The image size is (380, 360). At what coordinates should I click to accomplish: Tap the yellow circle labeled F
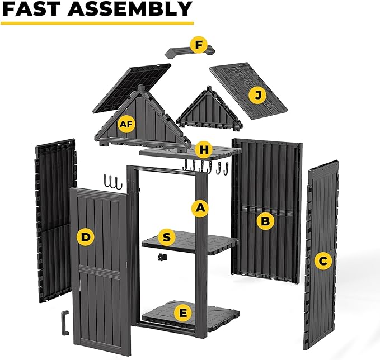coord(198,45)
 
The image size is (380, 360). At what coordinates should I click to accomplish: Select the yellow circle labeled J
coord(257,96)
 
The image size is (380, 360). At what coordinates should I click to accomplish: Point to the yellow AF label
coord(126,124)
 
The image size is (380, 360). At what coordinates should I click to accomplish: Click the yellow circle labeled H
coord(204,149)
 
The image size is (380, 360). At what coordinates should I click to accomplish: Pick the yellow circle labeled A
coord(200,209)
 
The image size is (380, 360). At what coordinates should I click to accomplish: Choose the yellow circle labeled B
coord(265,221)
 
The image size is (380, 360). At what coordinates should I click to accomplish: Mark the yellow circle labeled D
coord(85,237)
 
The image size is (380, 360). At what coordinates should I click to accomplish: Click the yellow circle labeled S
coord(166,237)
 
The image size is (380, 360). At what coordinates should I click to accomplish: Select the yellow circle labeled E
coord(181,312)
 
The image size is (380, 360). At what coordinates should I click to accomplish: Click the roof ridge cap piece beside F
coord(179,52)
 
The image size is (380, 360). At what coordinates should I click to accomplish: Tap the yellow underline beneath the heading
coord(97,23)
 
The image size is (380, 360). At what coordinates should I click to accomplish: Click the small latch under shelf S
coord(163,257)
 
